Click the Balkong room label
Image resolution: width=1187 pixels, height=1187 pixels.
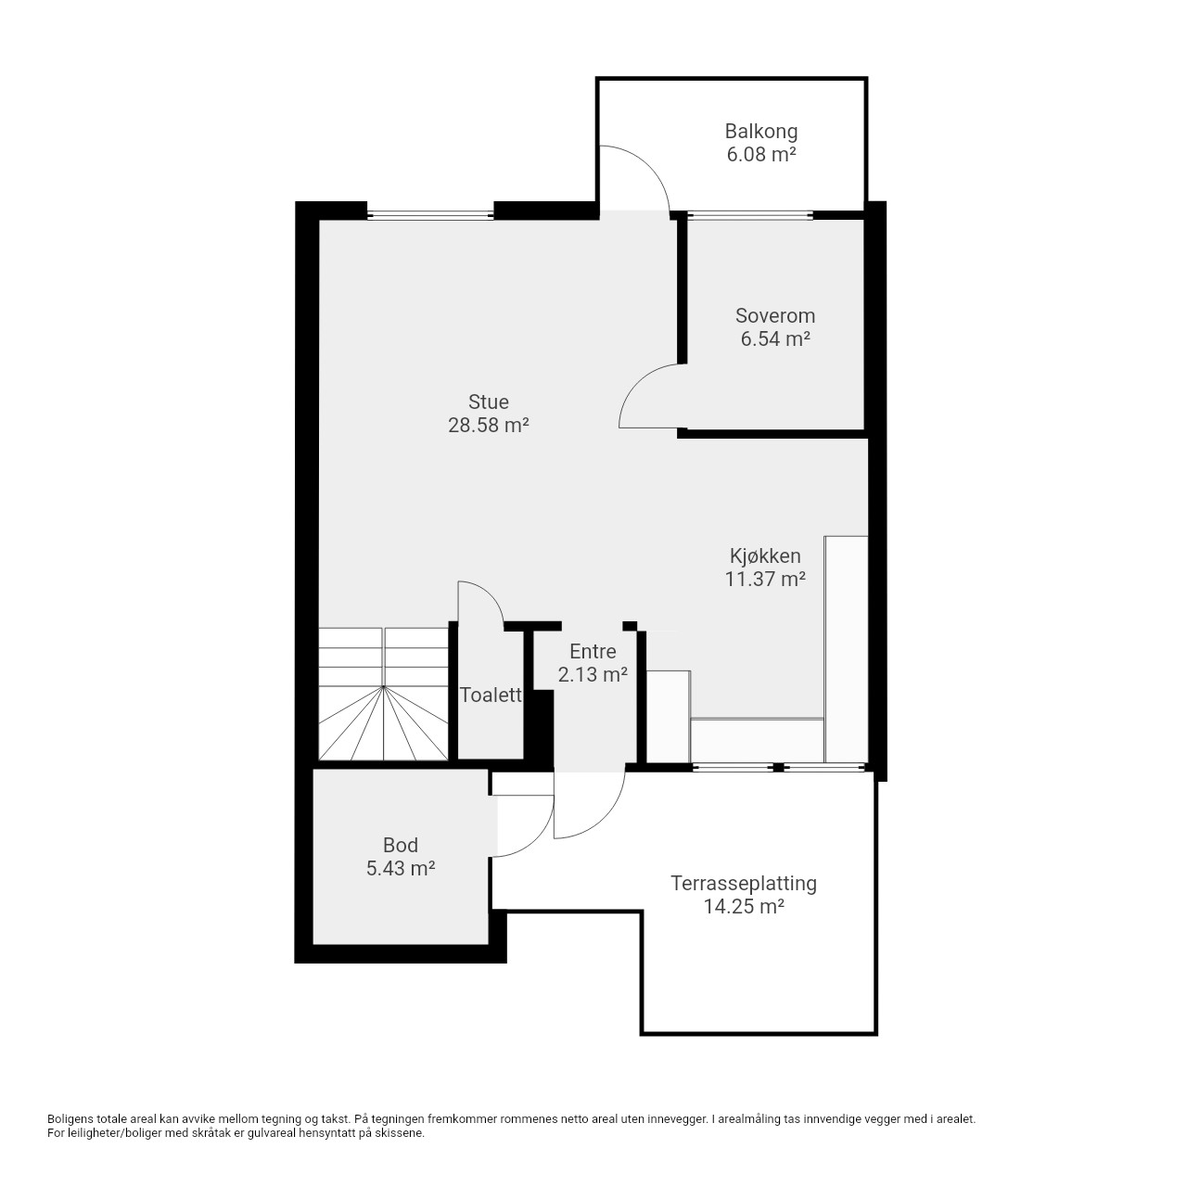click(x=760, y=132)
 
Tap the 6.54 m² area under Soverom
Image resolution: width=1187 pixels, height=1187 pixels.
click(x=775, y=338)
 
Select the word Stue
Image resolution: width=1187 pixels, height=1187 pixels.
click(x=489, y=402)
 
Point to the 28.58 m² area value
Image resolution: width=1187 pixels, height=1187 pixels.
click(x=489, y=425)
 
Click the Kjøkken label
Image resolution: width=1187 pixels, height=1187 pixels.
click(x=765, y=555)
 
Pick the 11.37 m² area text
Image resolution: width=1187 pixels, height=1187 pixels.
click(x=765, y=579)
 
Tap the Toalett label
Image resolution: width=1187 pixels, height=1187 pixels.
click(x=491, y=695)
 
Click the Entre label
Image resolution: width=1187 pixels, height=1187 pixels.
click(x=593, y=651)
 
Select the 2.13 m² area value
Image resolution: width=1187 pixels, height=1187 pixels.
click(x=593, y=674)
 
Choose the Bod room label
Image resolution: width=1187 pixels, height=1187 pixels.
click(x=401, y=845)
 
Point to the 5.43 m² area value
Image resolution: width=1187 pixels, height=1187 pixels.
click(x=401, y=868)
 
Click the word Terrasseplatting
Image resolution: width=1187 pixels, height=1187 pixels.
click(x=744, y=884)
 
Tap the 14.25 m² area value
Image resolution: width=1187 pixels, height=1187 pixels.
click(x=744, y=907)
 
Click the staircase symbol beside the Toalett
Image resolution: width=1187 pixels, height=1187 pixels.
click(x=383, y=694)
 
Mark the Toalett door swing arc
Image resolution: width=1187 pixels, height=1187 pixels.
click(x=491, y=594)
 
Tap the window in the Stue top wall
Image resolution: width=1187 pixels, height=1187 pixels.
click(x=430, y=215)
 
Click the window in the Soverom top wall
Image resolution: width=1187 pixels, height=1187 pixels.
click(x=749, y=215)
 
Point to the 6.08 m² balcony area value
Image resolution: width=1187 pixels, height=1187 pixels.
click(x=760, y=154)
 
